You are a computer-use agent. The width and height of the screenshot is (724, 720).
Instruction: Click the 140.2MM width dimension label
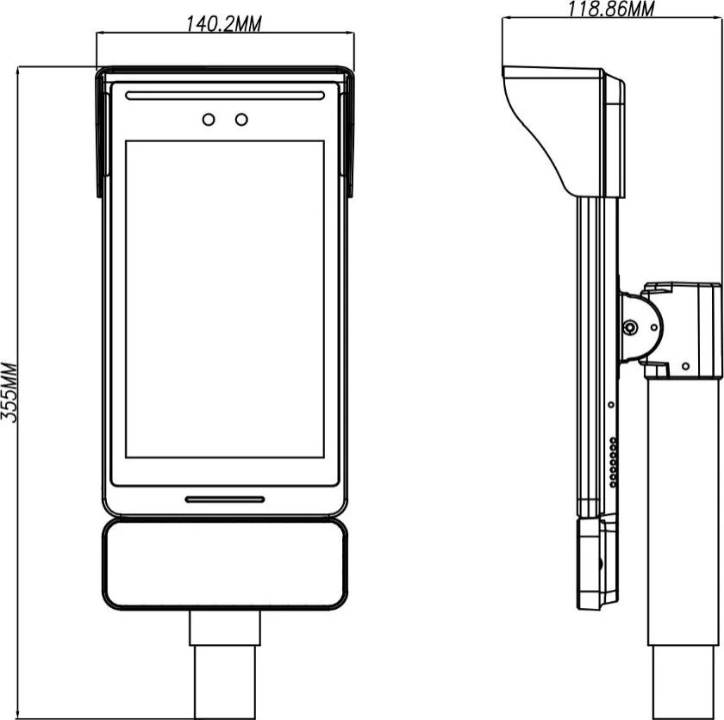pyautogui.click(x=223, y=24)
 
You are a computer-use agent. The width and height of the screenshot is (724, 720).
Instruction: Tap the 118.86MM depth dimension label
pyautogui.click(x=610, y=9)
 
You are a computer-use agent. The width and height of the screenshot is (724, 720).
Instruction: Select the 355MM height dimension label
pyautogui.click(x=9, y=393)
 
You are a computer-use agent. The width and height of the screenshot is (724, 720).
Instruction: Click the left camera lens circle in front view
pyautogui.click(x=209, y=120)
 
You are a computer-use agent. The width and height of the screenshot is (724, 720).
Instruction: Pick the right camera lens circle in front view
pyautogui.click(x=241, y=120)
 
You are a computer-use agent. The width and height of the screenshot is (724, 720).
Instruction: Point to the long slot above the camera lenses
pyautogui.click(x=225, y=96)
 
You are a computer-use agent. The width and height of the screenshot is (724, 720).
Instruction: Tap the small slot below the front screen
pyautogui.click(x=225, y=499)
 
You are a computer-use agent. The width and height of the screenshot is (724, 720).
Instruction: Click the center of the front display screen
pyautogui.click(x=225, y=300)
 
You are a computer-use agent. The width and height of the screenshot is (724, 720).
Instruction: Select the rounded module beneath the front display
pyautogui.click(x=225, y=564)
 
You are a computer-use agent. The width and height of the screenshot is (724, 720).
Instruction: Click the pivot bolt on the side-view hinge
pyautogui.click(x=630, y=328)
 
